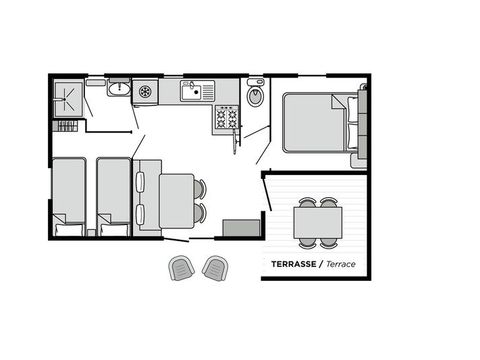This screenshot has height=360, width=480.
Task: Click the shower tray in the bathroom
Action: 69,98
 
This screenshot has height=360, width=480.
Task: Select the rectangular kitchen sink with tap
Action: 194,92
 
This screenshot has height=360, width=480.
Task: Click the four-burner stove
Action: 227,119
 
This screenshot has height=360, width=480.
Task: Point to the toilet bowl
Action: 254,97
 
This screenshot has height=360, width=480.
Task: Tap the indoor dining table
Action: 177,201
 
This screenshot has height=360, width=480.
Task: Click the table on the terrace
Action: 318,221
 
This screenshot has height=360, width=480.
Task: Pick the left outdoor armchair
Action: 181,267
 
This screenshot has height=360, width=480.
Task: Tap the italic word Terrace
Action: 341,265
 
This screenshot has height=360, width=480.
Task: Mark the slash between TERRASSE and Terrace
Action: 323,265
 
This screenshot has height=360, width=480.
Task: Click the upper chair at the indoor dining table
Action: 200,188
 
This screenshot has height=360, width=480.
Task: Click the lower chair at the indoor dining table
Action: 200,213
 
